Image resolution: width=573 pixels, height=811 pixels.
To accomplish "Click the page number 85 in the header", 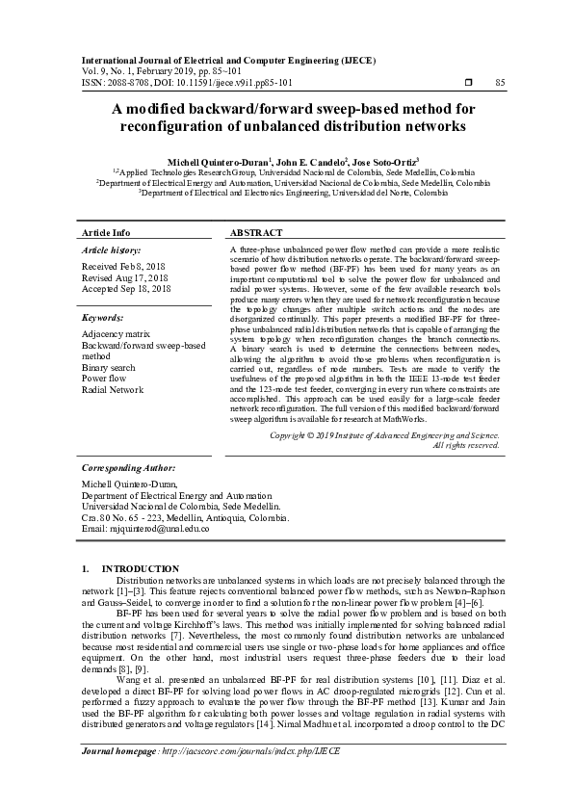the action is (x=500, y=83).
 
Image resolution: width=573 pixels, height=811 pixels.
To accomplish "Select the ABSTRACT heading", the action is (x=256, y=233).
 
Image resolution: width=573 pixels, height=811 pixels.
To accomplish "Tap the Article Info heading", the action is (x=106, y=233).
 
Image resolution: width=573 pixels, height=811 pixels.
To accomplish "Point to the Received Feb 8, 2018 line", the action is (x=124, y=265).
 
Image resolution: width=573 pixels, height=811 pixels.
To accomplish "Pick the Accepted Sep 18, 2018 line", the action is (x=127, y=288).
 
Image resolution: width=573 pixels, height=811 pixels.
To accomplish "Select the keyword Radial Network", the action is (x=113, y=390).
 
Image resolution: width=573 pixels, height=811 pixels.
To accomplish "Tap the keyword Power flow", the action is (x=105, y=379).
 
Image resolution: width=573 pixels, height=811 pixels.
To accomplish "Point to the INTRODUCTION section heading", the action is (x=141, y=568).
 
